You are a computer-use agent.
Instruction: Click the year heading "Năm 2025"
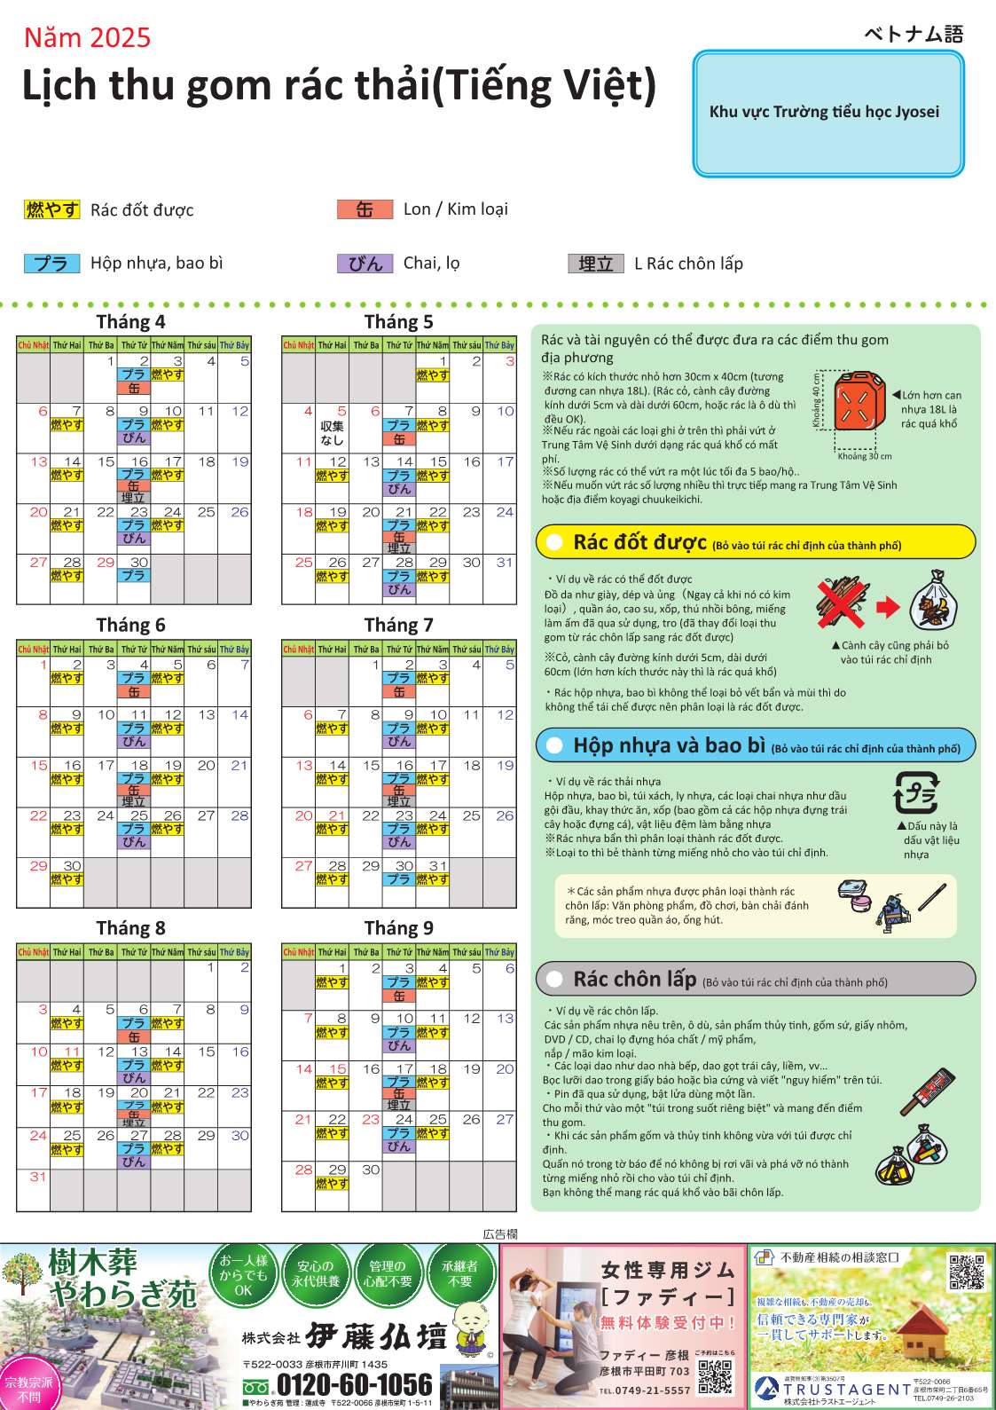point(87,37)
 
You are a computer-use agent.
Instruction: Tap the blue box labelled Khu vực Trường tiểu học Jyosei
point(827,113)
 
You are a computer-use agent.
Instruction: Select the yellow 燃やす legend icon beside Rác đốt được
point(52,209)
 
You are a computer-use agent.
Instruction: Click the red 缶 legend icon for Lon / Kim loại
point(365,209)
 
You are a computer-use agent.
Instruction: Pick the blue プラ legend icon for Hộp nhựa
point(52,264)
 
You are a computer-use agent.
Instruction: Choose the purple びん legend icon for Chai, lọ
point(365,264)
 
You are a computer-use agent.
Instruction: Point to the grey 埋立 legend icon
point(595,264)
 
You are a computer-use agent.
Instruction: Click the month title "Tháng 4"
point(130,321)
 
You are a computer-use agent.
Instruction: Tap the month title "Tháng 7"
point(398,625)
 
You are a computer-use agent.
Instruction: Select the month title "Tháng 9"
point(398,928)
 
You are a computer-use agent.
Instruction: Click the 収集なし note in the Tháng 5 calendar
point(332,433)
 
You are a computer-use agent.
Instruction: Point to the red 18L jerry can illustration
point(859,402)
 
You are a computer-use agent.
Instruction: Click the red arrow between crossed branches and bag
point(887,607)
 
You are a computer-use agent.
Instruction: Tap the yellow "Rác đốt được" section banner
point(756,542)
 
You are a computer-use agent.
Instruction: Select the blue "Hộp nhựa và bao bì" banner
point(756,745)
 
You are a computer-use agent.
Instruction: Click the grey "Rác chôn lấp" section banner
point(756,979)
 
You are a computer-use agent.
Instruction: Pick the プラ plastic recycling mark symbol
point(915,792)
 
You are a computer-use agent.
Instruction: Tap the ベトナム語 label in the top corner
point(914,34)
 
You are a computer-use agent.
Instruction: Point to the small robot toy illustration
point(893,910)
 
